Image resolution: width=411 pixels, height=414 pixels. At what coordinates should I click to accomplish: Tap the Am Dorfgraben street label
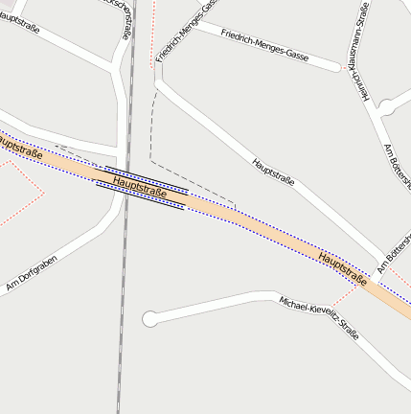click(32, 273)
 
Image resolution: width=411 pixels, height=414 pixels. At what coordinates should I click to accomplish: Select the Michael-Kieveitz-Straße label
click(319, 317)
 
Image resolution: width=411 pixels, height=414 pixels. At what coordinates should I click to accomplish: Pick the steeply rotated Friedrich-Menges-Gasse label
click(182, 35)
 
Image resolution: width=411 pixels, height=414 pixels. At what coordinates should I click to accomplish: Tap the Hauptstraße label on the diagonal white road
click(273, 172)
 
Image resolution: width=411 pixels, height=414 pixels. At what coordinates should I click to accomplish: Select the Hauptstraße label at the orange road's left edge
click(19, 149)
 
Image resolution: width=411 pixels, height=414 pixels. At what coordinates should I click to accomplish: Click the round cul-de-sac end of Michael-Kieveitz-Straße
click(149, 318)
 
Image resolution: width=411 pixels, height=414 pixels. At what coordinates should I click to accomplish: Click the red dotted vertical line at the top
click(153, 34)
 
